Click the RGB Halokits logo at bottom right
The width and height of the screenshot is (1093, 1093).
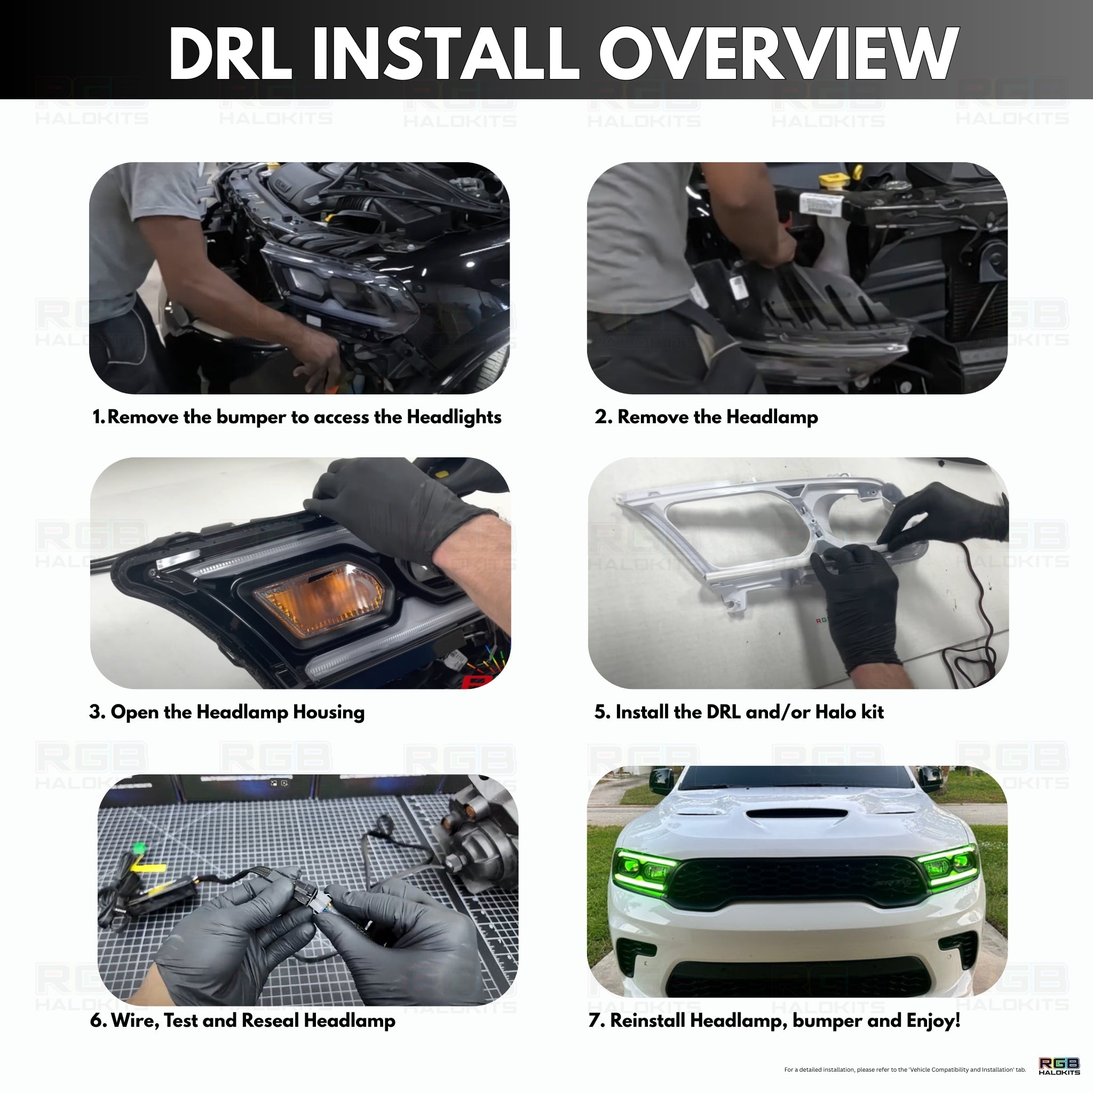pyautogui.click(x=1059, y=1066)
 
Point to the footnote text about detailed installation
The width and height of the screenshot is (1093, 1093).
pyautogui.click(x=905, y=1070)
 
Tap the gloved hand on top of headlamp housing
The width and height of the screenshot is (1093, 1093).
pyautogui.click(x=396, y=509)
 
